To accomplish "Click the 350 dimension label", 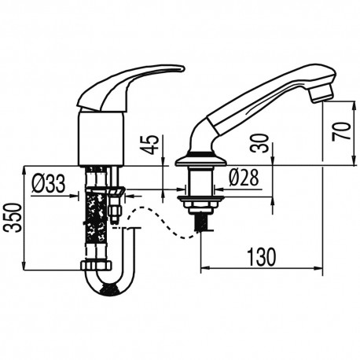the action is [13, 218].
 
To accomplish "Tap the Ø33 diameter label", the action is [49, 183].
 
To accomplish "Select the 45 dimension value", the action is [150, 145].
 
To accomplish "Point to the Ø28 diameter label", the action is [244, 177].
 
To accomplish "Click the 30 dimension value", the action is [260, 143].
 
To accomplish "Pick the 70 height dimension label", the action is [341, 131].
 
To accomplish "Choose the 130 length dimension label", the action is [262, 256].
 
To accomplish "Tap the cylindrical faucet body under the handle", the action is [101, 138].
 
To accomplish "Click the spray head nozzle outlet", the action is [320, 94].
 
